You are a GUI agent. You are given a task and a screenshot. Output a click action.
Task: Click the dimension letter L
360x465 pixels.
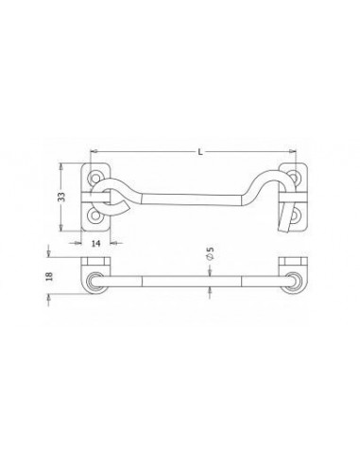tap(200, 152)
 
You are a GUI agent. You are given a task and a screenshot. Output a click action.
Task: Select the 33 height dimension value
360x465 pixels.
tap(62, 197)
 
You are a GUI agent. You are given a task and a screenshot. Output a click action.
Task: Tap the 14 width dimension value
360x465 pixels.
tap(96, 243)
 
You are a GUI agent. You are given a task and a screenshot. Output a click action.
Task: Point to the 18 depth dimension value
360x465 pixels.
tap(49, 276)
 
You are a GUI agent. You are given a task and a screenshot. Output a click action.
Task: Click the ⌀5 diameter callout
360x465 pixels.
tap(210, 253)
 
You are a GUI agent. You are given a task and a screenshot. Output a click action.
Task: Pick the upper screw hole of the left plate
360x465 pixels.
tap(94, 178)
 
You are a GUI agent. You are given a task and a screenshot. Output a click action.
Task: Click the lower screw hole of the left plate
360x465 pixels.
tap(94, 215)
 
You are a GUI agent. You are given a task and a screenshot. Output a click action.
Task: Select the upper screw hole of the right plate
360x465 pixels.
tap(294, 177)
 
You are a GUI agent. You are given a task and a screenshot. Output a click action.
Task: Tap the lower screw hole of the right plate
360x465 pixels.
tap(295, 215)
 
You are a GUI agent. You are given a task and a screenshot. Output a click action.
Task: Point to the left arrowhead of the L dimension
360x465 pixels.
tap(94, 152)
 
